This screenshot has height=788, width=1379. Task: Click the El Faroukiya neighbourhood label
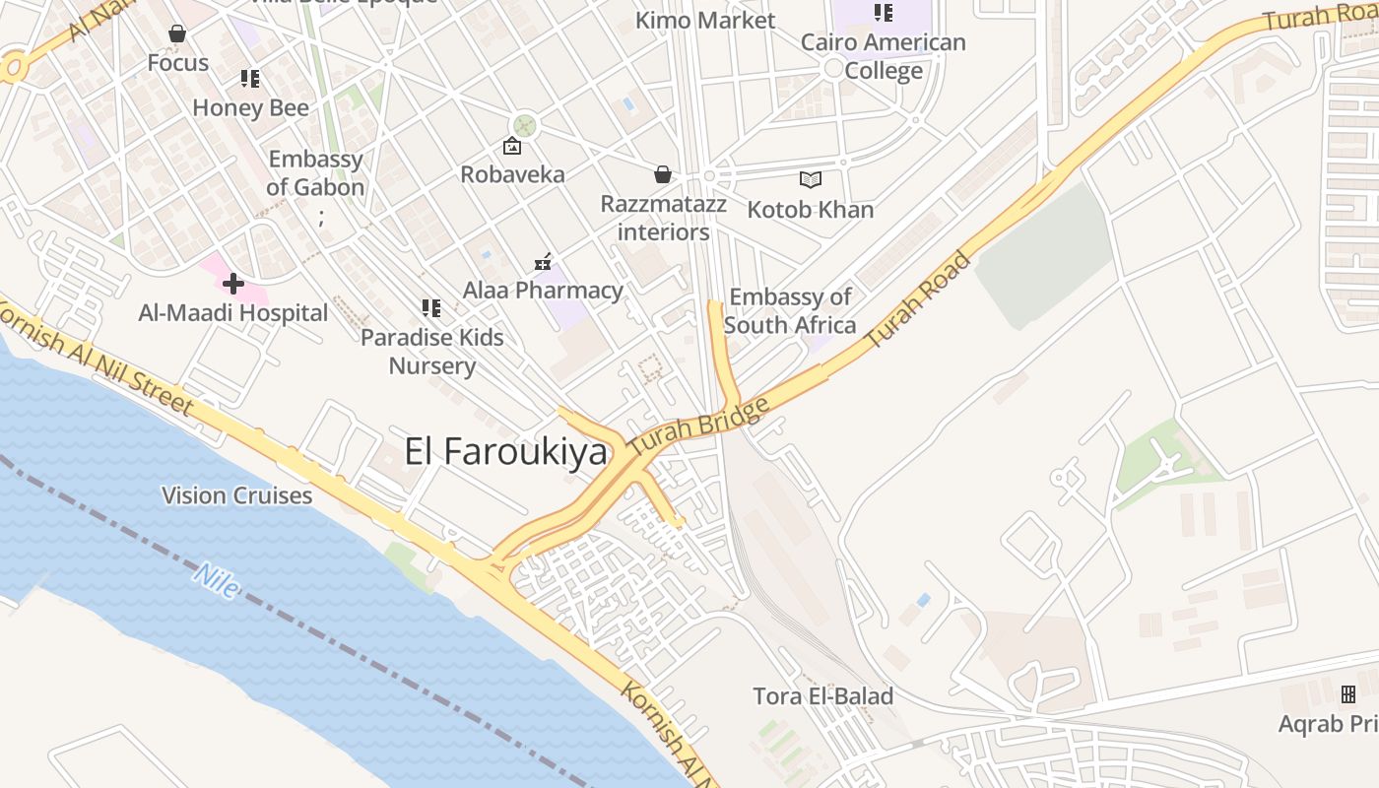(505, 451)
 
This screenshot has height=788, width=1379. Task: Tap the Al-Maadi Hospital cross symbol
(233, 285)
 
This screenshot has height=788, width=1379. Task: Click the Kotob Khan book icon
(811, 179)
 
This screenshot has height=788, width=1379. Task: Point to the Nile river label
(217, 579)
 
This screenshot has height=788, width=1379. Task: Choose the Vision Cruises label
(237, 495)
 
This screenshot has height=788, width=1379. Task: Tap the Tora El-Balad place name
(822, 696)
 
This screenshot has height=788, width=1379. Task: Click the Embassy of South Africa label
(790, 310)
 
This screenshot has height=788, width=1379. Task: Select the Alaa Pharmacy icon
(543, 262)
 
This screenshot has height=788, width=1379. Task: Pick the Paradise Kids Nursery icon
(430, 308)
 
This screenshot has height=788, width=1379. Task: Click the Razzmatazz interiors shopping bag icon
(663, 175)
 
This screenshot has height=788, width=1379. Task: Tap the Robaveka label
(512, 174)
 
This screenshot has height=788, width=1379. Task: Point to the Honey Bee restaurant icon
(250, 79)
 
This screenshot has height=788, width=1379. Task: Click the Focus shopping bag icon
(177, 34)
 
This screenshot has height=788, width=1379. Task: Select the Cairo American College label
(883, 56)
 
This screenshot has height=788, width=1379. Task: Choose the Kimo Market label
(705, 20)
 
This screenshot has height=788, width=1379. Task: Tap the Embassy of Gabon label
(315, 172)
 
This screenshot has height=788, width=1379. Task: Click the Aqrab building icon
(1348, 694)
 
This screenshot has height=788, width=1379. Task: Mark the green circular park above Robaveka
(525, 125)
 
